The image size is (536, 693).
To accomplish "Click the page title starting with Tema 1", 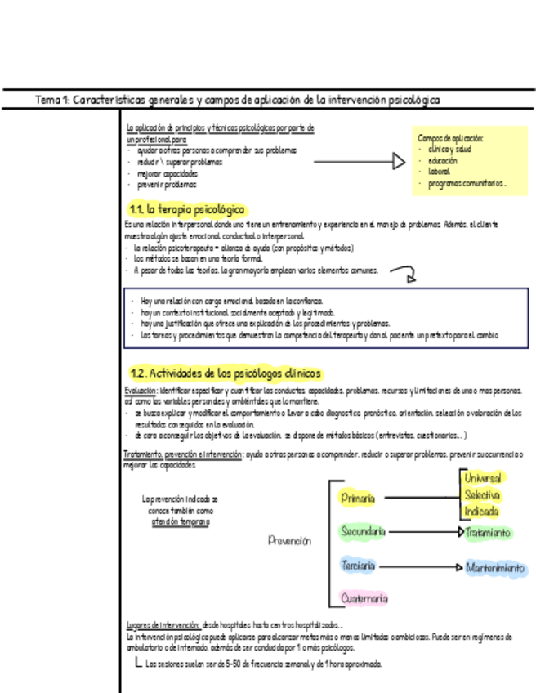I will (237, 100).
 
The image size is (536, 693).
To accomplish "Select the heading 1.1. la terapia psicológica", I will (187, 210).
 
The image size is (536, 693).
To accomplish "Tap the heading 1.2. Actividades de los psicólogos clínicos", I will (226, 373).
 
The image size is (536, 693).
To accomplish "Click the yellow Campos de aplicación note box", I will (469, 161).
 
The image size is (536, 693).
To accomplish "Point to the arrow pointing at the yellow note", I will (360, 162).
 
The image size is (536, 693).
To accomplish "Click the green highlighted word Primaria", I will (358, 498).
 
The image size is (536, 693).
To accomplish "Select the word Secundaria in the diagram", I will (363, 532).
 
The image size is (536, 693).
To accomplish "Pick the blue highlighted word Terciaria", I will (358, 566).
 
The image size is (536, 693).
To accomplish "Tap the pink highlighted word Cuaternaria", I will (364, 599).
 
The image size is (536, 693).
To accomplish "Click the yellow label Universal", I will (482, 478).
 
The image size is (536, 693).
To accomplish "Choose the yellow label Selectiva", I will (482, 495).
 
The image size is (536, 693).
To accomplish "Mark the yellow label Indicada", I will (481, 512).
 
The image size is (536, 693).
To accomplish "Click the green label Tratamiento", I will (488, 533).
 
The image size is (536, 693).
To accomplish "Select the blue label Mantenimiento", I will (495, 567).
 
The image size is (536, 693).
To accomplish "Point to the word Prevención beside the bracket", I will (290, 540).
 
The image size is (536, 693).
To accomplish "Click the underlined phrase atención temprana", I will (180, 521).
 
